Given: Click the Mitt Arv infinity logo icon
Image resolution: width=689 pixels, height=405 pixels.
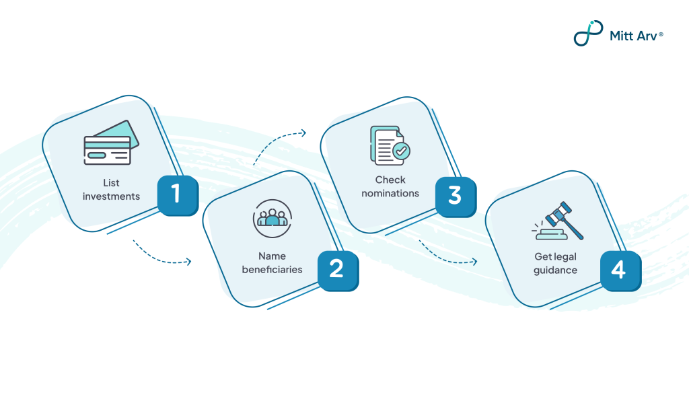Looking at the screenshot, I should pos(588,33).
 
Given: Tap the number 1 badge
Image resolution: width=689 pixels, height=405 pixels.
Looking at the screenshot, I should pos(177,194).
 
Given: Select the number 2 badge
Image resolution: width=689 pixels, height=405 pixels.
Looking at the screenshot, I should pos(337,270).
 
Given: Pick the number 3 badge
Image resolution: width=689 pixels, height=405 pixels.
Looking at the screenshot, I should pos(455,196).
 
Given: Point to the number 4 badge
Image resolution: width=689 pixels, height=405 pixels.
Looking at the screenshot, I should pos(619,270).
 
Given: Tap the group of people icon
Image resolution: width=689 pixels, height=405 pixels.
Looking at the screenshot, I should pos(272,218).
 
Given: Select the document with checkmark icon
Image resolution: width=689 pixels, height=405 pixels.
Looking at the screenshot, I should pos(390,145).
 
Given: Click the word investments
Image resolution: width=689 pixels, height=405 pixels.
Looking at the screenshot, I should pos(111,196).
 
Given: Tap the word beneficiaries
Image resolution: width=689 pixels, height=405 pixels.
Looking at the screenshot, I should pos(272,270).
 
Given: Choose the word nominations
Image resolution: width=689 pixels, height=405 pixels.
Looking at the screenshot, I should pos(390,193).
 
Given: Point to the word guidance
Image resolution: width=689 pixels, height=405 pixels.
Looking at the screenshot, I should pos(556,270).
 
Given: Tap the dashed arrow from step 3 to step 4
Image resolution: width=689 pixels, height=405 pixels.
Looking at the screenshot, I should pos(447,254).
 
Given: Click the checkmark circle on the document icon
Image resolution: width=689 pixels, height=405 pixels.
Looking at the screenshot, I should pos(402,151).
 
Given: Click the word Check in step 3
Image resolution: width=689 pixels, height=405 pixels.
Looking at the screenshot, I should pos(390,180).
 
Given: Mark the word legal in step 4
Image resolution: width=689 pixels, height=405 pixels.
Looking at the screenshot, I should pos(565,256).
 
